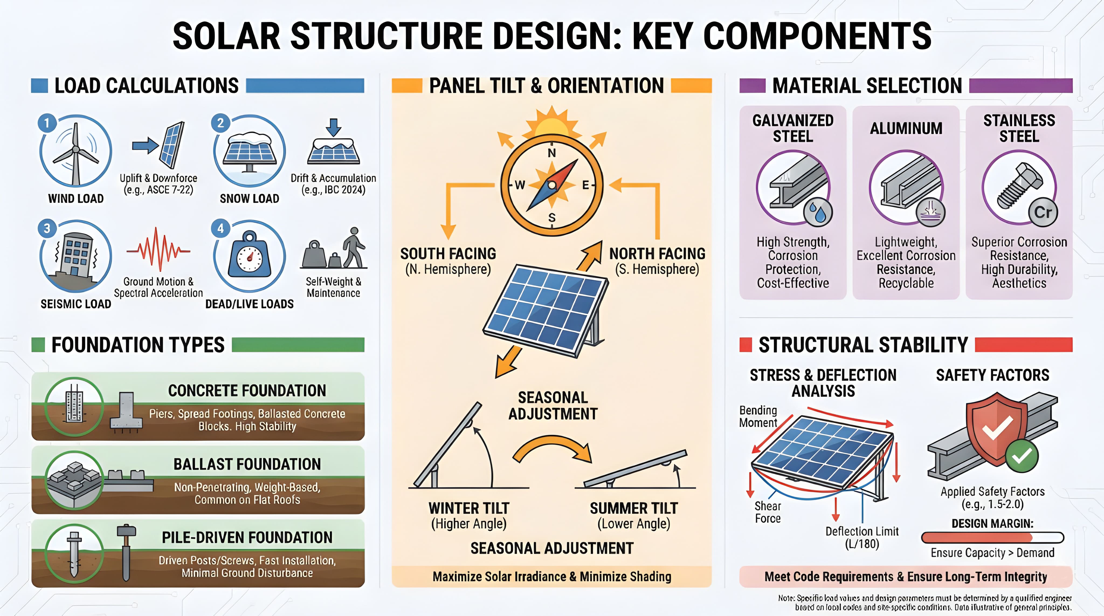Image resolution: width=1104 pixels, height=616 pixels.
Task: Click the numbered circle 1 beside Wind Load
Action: point(47,123)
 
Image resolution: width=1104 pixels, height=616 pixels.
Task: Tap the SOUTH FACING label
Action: point(448,254)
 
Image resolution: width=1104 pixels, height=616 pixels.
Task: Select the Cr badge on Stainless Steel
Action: point(1043,212)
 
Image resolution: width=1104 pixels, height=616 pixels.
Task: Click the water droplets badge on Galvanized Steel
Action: point(817,212)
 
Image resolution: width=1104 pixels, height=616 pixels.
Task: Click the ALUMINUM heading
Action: point(906,128)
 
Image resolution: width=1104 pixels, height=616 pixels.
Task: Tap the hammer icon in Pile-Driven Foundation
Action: point(126,551)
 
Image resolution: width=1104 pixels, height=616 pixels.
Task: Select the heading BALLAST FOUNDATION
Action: point(247,464)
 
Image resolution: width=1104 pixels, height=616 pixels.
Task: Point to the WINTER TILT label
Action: point(469,508)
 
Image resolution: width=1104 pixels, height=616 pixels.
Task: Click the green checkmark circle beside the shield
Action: point(1022,456)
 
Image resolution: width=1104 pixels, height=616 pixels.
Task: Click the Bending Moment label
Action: point(758,416)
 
